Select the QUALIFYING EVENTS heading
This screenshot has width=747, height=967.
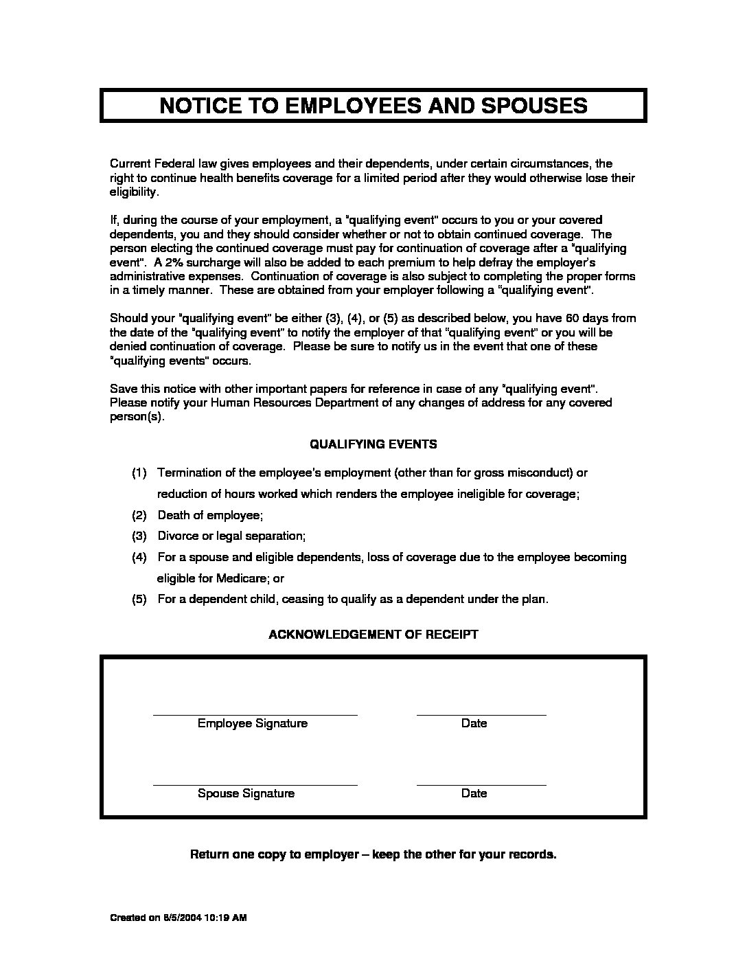[x=373, y=444]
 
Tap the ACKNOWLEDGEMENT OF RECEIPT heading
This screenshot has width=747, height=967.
[x=373, y=635]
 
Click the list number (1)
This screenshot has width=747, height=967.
[x=139, y=473]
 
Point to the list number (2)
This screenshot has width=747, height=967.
[x=139, y=515]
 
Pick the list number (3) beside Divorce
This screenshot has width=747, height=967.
[x=139, y=536]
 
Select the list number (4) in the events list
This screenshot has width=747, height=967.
[x=139, y=557]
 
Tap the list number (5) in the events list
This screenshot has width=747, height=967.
[x=139, y=599]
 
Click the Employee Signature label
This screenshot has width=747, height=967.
[x=252, y=723]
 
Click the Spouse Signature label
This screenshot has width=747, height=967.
[x=246, y=793]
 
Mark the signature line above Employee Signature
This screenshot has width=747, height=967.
[x=255, y=715]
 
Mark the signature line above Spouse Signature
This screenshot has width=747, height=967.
[x=255, y=784]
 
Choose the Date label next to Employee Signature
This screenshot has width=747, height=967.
[x=474, y=723]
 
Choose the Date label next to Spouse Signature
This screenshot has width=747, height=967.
[x=474, y=793]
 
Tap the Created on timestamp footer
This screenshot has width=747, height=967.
[x=179, y=918]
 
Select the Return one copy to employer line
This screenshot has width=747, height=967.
[x=373, y=855]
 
